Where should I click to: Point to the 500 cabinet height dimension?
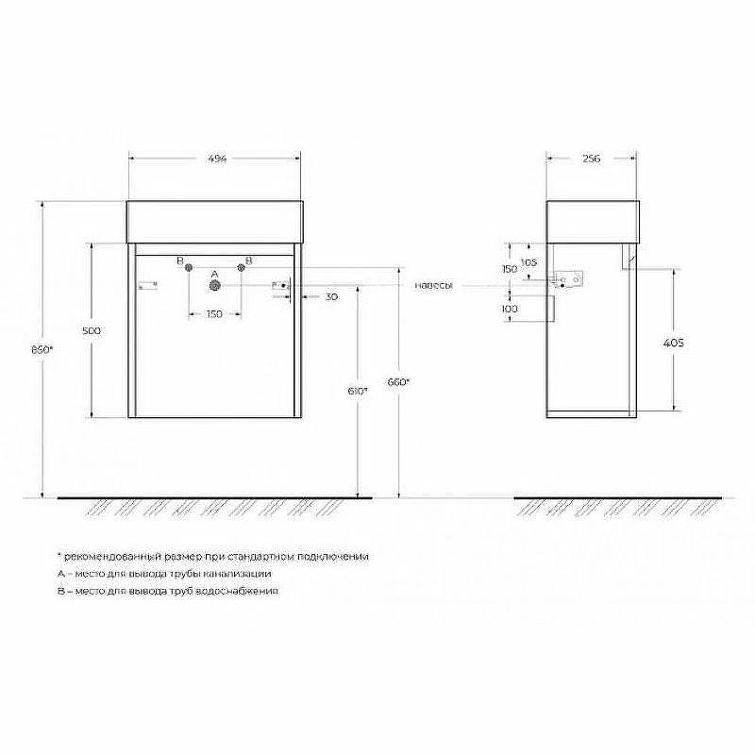pos(91,330)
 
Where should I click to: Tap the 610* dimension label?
pos(358,390)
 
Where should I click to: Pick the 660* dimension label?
pos(399,382)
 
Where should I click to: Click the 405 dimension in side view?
pos(674,343)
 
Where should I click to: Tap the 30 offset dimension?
pos(331,296)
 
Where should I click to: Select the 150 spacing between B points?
pos(214,314)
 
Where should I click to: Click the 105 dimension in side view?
pos(528,261)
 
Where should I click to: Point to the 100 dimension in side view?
pos(510,309)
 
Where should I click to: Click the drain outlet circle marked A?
pos(215,284)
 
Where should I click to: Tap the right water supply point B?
pos(241,269)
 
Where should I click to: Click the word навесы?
pos(433,285)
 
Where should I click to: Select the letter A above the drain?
pos(214,273)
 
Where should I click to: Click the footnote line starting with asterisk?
pos(213,557)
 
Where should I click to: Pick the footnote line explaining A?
pos(163,573)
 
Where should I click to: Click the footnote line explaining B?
pos(167,590)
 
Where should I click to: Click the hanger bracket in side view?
pos(571,280)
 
